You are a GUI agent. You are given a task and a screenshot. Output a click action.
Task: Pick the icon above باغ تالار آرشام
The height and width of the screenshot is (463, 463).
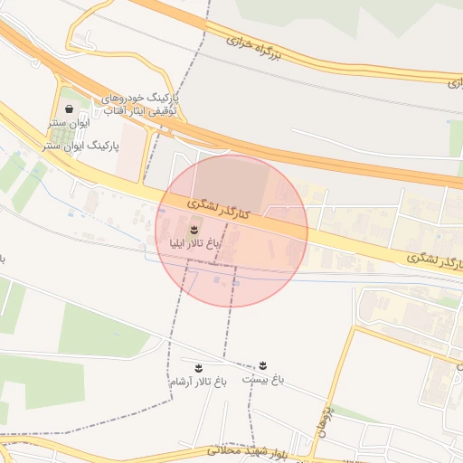click(x=198, y=366)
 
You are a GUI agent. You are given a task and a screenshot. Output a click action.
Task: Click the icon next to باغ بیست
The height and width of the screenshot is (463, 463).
click(x=263, y=365)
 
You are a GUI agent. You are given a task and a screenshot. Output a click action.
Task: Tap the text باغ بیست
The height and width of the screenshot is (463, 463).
click(x=262, y=382)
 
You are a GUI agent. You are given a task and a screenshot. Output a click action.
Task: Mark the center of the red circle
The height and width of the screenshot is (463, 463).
click(x=231, y=231)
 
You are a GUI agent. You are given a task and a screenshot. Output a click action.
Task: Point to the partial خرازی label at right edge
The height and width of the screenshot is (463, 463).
click(x=453, y=82)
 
